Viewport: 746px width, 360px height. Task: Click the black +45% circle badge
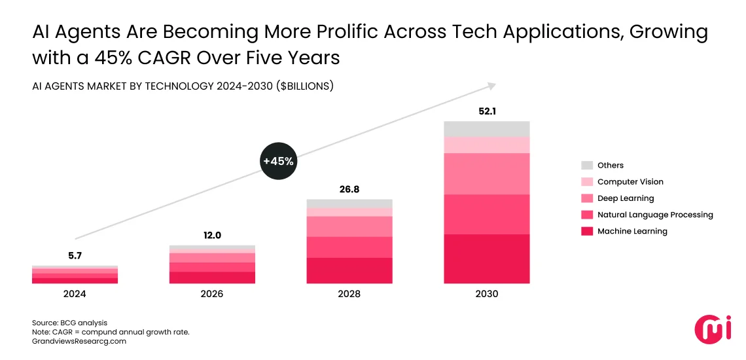tap(278, 161)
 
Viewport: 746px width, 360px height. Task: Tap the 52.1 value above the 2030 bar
tap(487, 111)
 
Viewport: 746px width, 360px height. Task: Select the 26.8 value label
tap(349, 189)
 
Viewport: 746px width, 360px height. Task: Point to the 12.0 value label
tap(212, 236)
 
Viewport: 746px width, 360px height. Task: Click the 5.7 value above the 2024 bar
tap(75, 256)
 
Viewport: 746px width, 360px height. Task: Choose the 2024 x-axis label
tap(75, 294)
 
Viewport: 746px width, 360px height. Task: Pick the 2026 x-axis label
tap(212, 294)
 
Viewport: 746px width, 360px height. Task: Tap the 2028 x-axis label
tap(349, 294)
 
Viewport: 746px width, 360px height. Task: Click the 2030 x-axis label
tap(487, 294)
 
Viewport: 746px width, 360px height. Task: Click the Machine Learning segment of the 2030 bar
tap(487, 259)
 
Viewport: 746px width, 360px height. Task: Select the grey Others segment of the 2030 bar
tap(487, 129)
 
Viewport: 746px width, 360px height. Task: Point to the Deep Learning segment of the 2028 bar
tap(349, 226)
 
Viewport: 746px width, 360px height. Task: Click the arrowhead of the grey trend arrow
tap(492, 85)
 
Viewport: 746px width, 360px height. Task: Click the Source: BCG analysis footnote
tap(69, 323)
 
